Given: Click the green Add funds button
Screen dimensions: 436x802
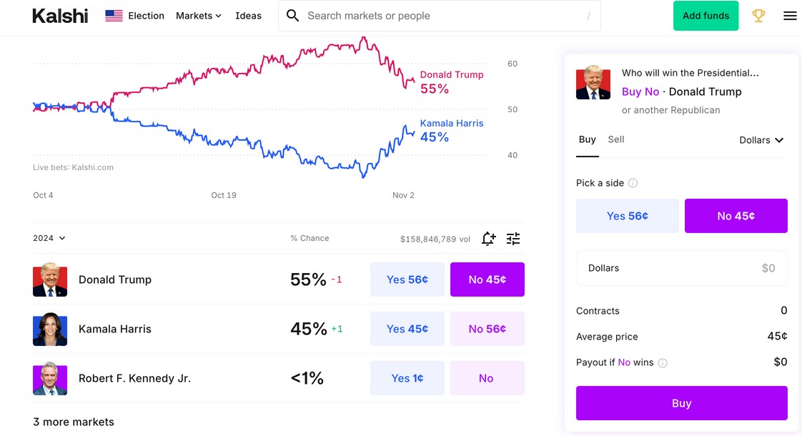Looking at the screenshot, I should (706, 16).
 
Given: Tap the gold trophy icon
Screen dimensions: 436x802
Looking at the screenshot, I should (758, 16).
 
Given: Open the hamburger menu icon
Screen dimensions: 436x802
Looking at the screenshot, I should (790, 16).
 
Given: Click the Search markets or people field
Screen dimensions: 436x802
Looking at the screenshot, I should (440, 16).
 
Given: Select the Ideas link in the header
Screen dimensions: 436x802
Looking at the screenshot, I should (248, 16).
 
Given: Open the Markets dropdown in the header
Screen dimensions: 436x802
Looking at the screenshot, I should (199, 16).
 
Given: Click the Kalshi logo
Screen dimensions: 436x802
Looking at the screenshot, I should (60, 16).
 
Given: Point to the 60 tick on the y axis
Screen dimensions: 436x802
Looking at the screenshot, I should (513, 64).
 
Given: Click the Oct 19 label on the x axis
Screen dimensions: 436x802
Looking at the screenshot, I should (224, 195).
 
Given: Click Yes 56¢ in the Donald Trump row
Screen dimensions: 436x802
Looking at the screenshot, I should (407, 279).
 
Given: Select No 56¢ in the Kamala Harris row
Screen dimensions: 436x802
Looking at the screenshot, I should (487, 329).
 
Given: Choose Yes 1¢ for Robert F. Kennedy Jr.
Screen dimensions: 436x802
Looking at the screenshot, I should (407, 378).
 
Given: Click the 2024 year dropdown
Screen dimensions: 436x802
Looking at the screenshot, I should (49, 238).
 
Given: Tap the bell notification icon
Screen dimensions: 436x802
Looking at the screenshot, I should (488, 239).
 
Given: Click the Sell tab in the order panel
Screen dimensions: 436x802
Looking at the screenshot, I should (615, 139).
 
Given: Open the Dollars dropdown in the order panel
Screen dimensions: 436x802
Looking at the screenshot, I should (761, 140).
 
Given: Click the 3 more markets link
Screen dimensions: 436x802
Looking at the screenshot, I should (74, 422).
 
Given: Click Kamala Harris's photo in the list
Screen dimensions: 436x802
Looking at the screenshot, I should (50, 329).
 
